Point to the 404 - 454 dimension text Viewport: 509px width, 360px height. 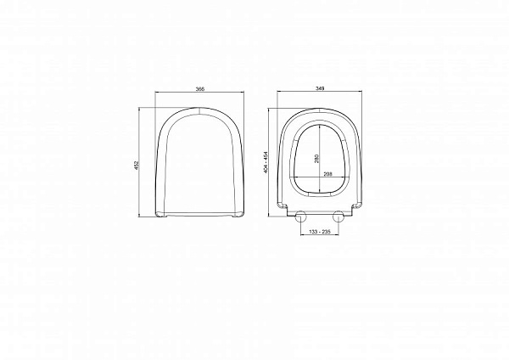[x=266, y=162]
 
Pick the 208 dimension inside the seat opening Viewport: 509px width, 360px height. [x=327, y=174]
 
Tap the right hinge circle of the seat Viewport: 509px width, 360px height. [x=339, y=215]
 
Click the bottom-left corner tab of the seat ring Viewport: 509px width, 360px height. [x=282, y=207]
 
